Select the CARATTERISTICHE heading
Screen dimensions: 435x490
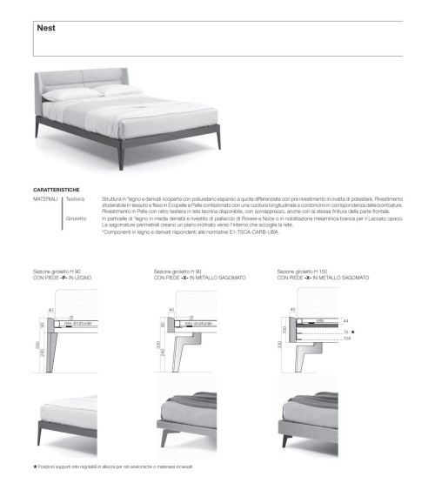tap(57, 190)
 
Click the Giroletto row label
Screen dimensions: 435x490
tap(77, 218)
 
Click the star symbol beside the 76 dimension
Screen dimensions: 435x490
tap(353, 332)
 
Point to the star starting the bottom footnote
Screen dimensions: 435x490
tap(34, 468)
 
